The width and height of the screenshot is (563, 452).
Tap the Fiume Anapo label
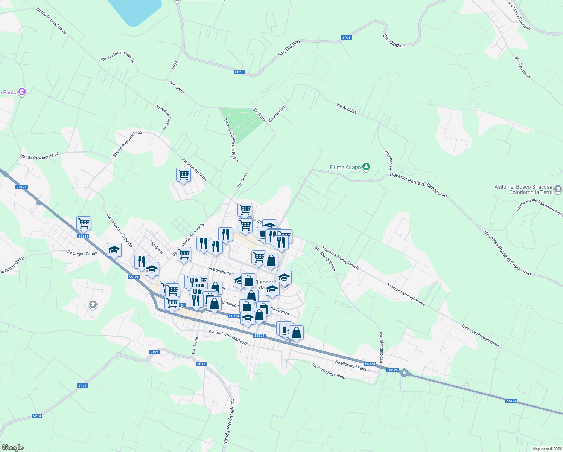coord(345,167)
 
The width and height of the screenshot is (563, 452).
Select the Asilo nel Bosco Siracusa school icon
coord(558,188)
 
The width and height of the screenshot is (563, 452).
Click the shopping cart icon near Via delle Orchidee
coord(183,174)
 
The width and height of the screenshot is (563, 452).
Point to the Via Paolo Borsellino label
coord(328,371)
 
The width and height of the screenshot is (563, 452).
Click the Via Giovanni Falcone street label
coord(353,366)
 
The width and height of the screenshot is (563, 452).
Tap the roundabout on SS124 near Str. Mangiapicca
coord(405,373)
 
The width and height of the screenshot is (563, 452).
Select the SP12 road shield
coord(201,363)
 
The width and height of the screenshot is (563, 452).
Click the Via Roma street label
coord(195,345)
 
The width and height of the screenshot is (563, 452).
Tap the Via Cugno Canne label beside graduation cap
coord(82,253)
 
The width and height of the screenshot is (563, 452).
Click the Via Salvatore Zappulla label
coord(119,230)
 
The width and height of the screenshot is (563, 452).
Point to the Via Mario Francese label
coord(519,15)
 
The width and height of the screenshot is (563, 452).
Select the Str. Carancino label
coord(522,67)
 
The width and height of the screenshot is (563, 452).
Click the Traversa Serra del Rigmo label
coord(231,140)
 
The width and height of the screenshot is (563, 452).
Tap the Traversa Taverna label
coord(164,118)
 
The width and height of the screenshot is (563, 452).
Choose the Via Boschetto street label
coord(219,271)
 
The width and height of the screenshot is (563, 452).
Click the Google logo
coord(13,447)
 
